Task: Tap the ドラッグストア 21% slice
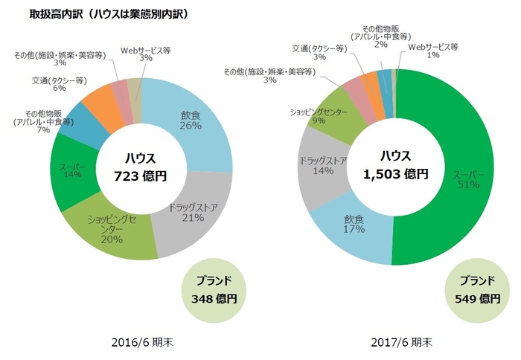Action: pyautogui.click(x=189, y=213)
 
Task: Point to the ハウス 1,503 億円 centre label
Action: pyautogui.click(x=394, y=165)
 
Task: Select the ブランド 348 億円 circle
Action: pyautogui.click(x=214, y=289)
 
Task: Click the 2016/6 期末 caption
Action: pyautogui.click(x=140, y=343)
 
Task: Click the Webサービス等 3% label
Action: pyautogui.click(x=146, y=54)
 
